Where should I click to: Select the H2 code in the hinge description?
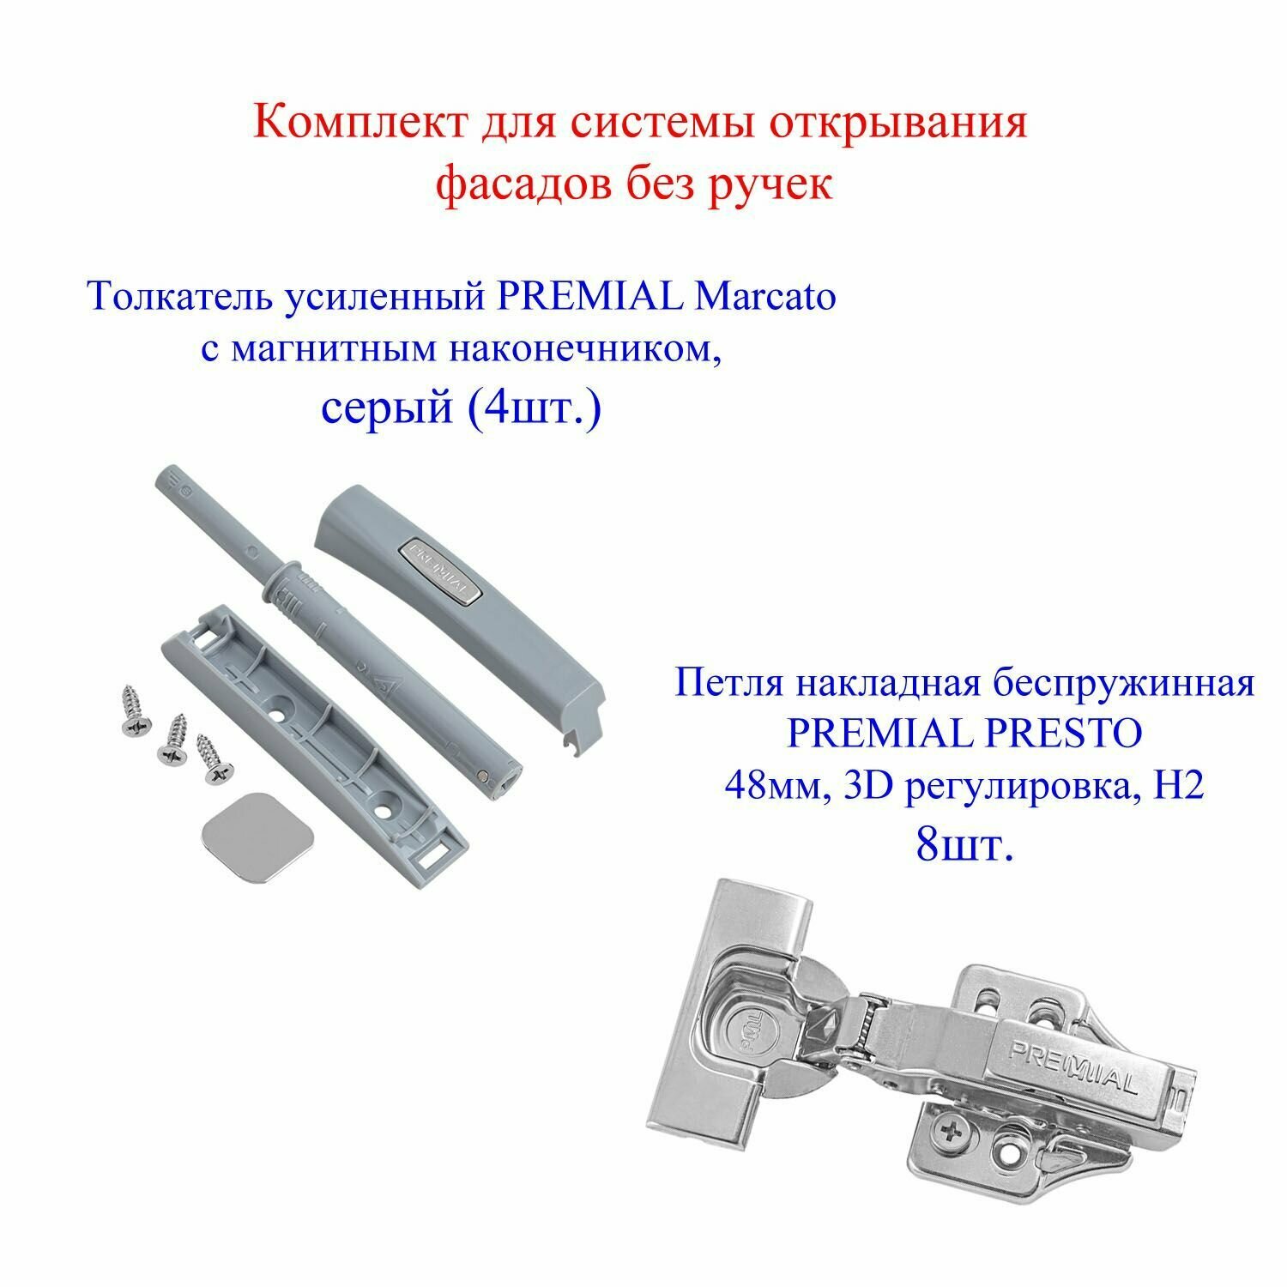tap(1183, 786)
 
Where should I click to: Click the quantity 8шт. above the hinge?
tap(964, 847)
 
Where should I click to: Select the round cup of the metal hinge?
tap(751, 1038)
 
